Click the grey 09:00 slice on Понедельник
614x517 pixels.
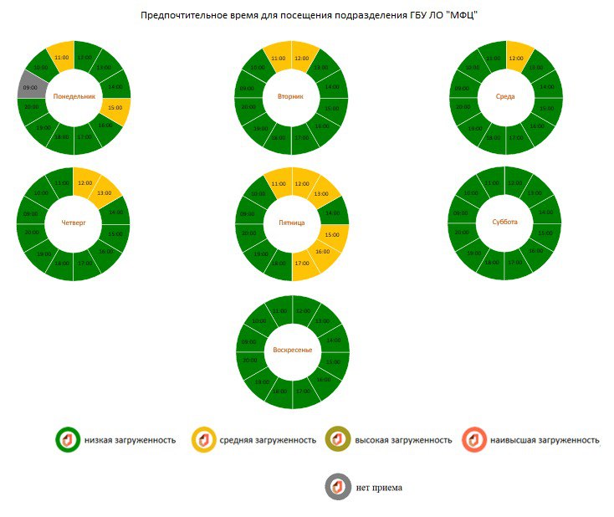click(31, 86)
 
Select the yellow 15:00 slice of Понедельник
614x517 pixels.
click(115, 109)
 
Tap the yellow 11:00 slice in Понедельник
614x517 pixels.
click(61, 56)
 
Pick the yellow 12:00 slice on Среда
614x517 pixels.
click(516, 57)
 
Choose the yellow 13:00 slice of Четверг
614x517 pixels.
click(105, 192)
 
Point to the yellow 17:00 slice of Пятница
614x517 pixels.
click(302, 265)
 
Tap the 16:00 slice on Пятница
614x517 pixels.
click(323, 251)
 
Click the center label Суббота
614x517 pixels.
click(505, 223)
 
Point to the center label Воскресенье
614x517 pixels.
click(292, 350)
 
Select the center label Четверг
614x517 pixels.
click(74, 223)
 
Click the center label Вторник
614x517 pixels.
click(292, 96)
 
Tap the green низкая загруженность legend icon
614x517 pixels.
click(67, 439)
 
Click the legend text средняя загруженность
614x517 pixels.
click(268, 439)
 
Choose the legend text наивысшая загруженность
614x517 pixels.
click(544, 439)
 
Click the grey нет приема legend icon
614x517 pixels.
click(338, 486)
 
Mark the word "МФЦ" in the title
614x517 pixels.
click(463, 16)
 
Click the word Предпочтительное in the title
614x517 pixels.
click(183, 16)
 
